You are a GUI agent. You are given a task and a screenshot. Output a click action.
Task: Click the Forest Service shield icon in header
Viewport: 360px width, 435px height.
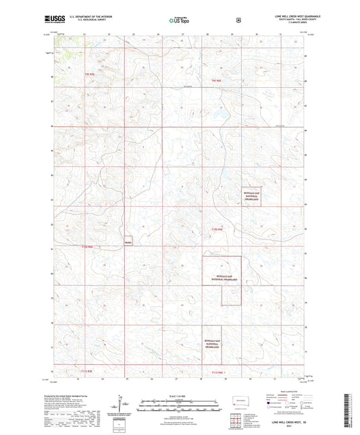coord(238,20)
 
